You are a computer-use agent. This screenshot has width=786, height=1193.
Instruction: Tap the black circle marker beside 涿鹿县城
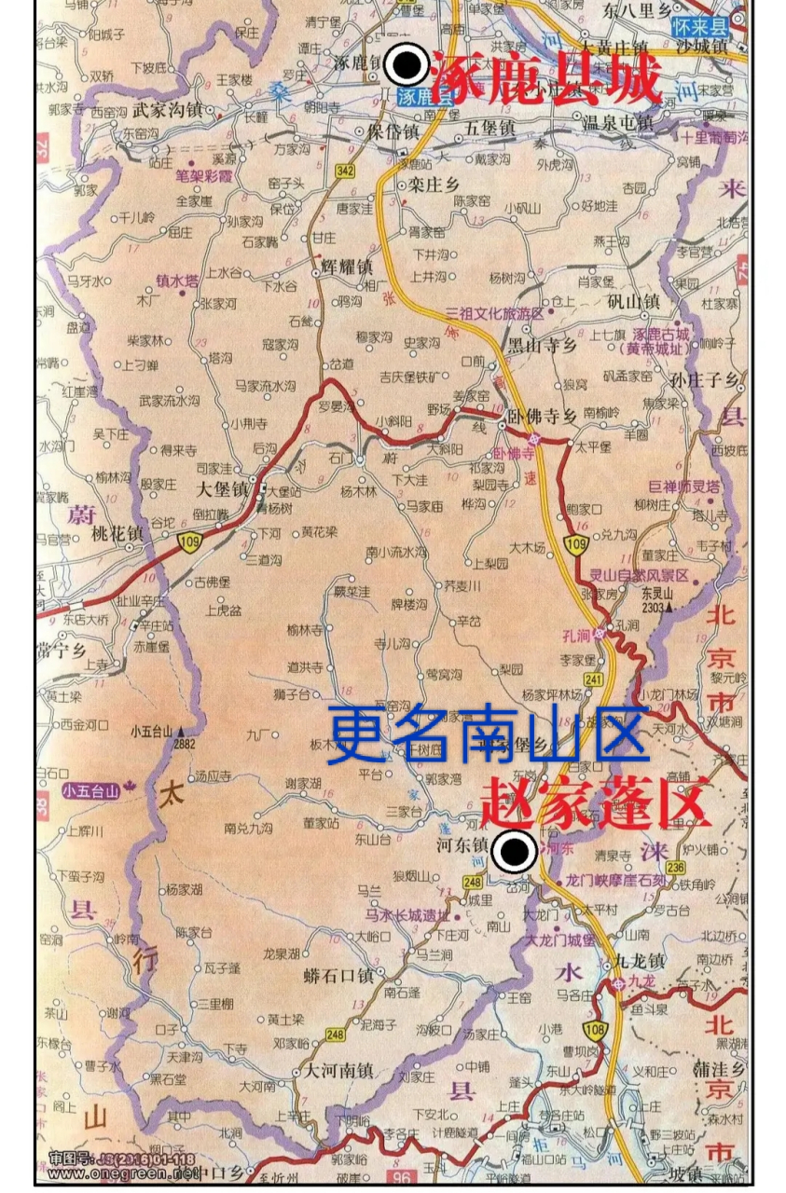coord(407,64)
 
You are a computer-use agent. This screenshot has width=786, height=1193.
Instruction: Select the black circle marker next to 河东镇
coord(513,851)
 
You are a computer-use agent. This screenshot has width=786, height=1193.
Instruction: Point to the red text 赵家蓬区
coord(597,802)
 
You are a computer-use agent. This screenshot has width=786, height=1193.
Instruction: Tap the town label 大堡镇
coord(222,488)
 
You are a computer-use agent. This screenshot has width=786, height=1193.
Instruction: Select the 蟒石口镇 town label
coord(338,975)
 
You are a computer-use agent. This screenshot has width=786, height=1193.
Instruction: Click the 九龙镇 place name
coord(640,960)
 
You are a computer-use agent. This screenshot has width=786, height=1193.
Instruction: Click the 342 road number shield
coord(346,171)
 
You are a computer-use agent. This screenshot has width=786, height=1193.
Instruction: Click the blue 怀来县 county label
coord(700,27)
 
